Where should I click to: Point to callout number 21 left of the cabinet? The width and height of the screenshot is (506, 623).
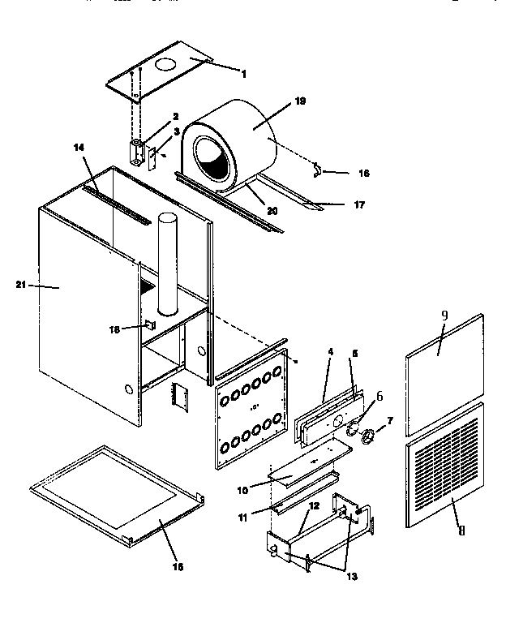tap(20, 285)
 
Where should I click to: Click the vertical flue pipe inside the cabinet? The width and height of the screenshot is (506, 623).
tap(168, 264)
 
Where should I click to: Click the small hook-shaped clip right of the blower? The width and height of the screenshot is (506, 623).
tap(319, 170)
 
